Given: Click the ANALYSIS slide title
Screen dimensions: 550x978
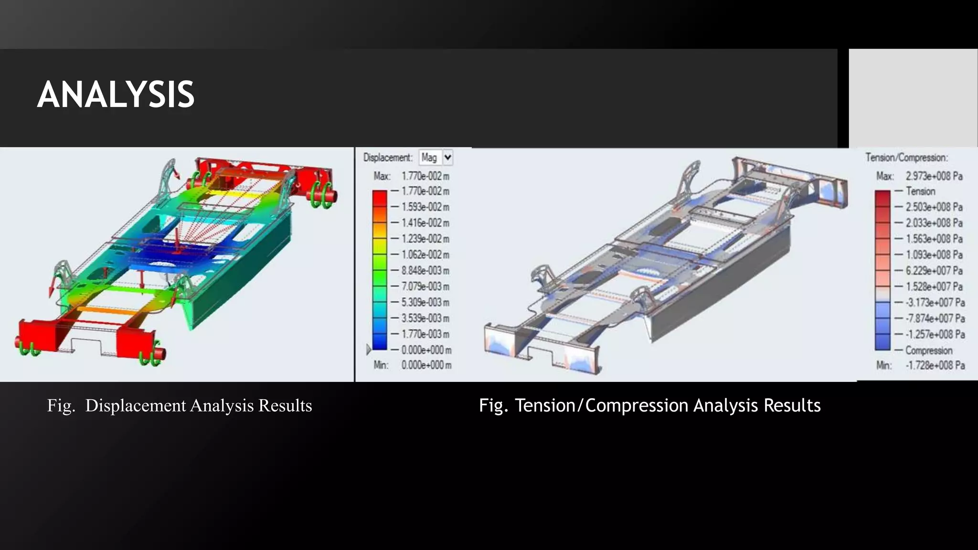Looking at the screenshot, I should [x=116, y=95].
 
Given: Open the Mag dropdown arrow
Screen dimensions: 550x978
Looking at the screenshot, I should [x=447, y=158].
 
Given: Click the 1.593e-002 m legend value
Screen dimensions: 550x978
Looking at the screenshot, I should [x=425, y=207].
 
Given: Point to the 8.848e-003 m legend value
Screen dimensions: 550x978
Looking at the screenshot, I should [x=425, y=271].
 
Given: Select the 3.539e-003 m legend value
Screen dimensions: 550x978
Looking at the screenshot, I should [x=425, y=318].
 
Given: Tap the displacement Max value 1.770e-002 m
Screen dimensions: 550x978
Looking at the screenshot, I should [x=425, y=176].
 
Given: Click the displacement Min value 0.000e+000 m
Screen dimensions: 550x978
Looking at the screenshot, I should [x=426, y=365].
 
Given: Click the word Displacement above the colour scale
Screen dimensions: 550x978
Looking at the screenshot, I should [x=387, y=158].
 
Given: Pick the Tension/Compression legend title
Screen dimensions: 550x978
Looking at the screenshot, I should [x=906, y=158].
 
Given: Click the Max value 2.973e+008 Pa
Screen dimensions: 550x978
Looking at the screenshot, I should [x=934, y=176].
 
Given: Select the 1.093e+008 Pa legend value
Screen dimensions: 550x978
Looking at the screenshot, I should [x=934, y=255].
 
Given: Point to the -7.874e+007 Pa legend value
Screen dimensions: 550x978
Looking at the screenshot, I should [x=935, y=318].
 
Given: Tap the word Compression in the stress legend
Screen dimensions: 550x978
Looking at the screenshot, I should [x=928, y=350].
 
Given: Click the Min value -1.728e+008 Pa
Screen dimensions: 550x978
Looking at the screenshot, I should [x=935, y=366].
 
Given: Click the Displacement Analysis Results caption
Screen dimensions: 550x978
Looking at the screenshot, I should [x=180, y=406].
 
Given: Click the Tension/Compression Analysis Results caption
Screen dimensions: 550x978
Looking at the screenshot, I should [x=649, y=405].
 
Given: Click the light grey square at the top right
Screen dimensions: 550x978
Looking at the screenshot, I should [x=913, y=98].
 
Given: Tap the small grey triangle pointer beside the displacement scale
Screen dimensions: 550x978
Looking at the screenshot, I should [x=368, y=349].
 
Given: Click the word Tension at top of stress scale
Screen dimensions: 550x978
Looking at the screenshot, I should [x=920, y=191].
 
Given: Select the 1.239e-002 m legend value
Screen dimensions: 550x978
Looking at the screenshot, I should [x=425, y=239].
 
